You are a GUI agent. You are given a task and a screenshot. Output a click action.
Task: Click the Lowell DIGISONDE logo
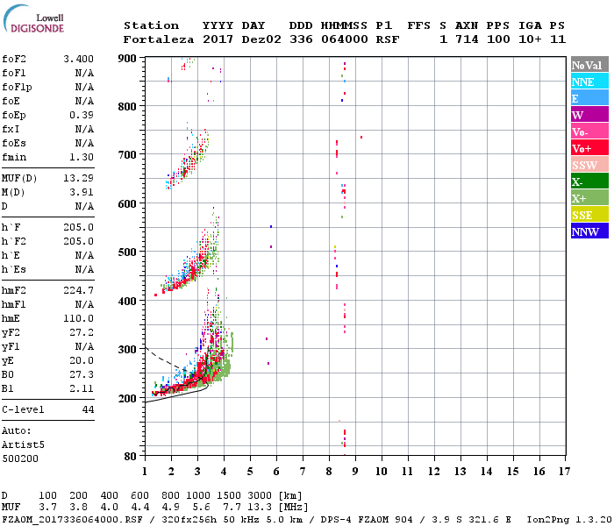point(36,24)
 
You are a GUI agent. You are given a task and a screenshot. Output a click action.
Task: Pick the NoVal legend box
point(589,65)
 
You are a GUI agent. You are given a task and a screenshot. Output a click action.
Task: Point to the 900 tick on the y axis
point(128,58)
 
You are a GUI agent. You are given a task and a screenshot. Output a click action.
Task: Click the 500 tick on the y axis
point(128,252)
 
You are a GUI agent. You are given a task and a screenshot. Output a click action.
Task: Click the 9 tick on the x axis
point(355,471)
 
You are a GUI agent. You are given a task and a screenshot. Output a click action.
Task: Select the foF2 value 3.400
point(78,59)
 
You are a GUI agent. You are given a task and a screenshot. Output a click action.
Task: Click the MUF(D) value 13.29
point(78,178)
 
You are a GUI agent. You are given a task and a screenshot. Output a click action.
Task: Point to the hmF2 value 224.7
point(78,290)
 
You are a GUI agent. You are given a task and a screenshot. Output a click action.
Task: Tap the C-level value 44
point(88,409)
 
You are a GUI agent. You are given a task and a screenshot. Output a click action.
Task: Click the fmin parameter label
point(15,157)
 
